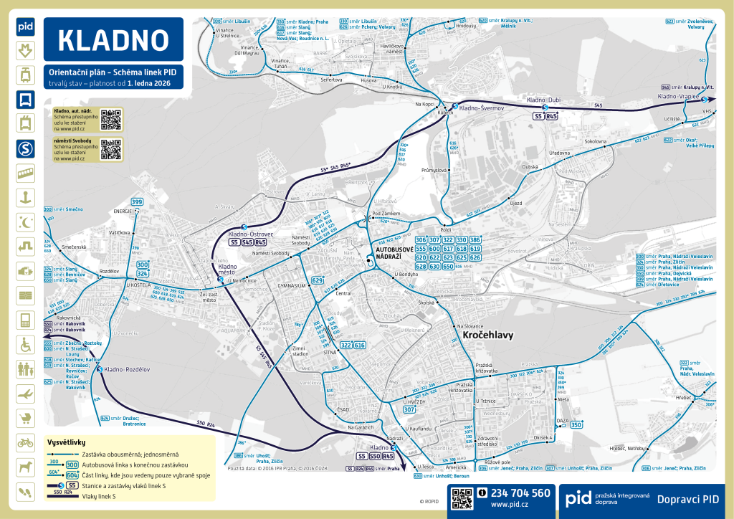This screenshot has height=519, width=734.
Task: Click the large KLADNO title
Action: pyautogui.click(x=113, y=40)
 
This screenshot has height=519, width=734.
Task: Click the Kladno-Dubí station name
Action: pyautogui.click(x=543, y=100)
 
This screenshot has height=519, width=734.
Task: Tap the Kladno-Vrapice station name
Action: pyautogui.click(x=677, y=96)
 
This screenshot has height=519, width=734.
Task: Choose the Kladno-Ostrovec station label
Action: pyautogui.click(x=251, y=234)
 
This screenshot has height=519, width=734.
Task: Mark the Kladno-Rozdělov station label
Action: pyautogui.click(x=127, y=369)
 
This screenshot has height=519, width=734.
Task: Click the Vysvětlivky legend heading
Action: pyautogui.click(x=66, y=442)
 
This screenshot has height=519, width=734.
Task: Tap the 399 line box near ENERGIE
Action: pyautogui.click(x=137, y=201)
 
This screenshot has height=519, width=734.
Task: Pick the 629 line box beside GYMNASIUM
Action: pyautogui.click(x=318, y=280)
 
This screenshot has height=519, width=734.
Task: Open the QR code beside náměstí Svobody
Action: pyautogui.click(x=110, y=149)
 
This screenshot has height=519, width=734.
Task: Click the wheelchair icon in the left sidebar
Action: pyautogui.click(x=25, y=345)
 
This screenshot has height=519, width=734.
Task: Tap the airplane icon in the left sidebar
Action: pyautogui.click(x=25, y=394)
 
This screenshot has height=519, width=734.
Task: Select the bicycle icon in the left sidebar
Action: pyautogui.click(x=25, y=442)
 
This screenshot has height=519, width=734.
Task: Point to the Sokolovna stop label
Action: pyautogui.click(x=596, y=142)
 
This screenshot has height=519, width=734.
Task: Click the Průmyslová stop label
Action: pyautogui.click(x=434, y=171)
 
